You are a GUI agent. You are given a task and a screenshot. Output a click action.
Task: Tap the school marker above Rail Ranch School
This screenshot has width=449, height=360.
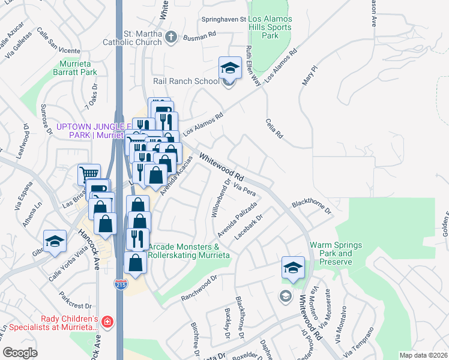[x=230, y=68]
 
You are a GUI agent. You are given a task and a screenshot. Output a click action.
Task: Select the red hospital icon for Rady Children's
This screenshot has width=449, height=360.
[x=107, y=322]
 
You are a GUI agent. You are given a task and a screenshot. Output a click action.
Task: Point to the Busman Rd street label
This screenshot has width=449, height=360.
[x=201, y=36]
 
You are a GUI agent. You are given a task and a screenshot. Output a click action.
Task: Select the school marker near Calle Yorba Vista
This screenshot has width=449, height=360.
[x=55, y=241]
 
